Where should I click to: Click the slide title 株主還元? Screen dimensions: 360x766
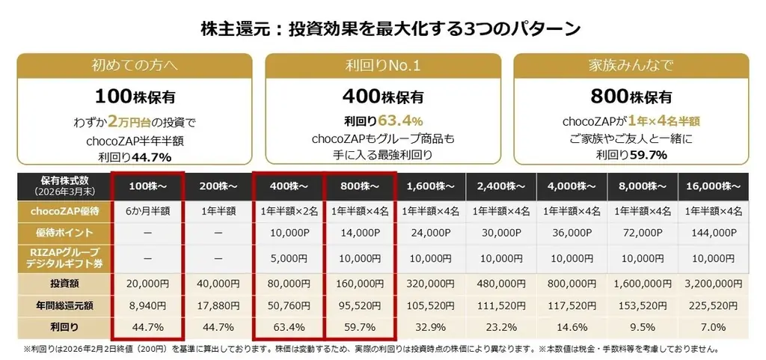point(390,28)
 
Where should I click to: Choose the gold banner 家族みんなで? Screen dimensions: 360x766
point(632,66)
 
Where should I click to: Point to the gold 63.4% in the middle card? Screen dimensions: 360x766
point(405,120)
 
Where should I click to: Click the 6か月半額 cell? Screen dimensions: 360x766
point(147,212)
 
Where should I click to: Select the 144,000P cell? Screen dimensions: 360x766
point(712,233)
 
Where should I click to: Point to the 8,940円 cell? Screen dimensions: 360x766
point(147,305)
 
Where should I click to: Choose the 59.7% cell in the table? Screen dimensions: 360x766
point(358,327)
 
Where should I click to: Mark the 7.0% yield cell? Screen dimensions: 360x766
point(712,327)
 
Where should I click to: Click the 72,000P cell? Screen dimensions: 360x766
point(642,233)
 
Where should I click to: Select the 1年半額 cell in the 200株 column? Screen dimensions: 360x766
point(217,212)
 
